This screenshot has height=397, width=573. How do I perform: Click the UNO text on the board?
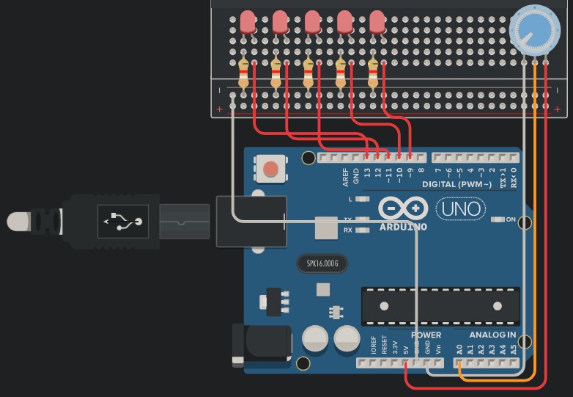459,209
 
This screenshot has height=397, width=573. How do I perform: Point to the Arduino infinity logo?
403,209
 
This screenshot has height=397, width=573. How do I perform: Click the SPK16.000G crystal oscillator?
321,263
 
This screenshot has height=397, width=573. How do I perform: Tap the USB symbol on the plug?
122,219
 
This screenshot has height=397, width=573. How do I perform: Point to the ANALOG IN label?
492,335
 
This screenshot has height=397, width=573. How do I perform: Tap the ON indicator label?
511,219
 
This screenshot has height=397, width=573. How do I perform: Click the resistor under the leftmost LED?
243,74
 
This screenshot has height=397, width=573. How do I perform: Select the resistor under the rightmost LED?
373,74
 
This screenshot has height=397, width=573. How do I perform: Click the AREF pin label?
346,178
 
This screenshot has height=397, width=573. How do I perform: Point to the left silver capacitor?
315,338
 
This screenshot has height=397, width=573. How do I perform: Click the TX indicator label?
349,219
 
